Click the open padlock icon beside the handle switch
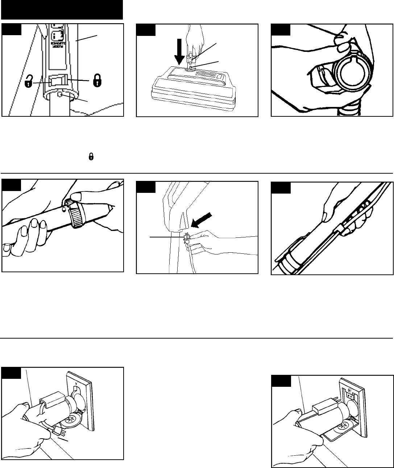pyautogui.click(x=28, y=82)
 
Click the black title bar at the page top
pyautogui.click(x=62, y=10)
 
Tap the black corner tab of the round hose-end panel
pyautogui.click(x=281, y=30)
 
